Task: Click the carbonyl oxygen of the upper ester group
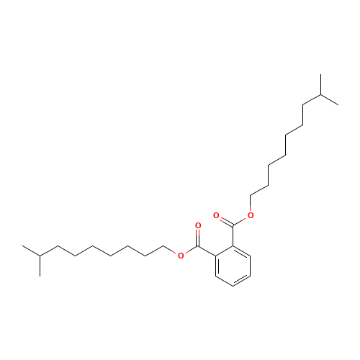tap(216, 215)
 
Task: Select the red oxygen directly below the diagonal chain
tap(251, 215)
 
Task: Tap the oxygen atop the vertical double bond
tap(198, 225)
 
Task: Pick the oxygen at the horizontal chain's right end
tap(181, 254)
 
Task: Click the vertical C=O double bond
tap(198, 235)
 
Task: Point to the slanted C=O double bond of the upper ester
tap(224, 220)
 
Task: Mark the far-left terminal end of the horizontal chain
tap(24, 247)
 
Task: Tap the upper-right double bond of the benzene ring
tap(241, 251)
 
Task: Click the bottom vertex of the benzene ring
tap(233, 287)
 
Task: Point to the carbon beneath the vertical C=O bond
tap(198, 246)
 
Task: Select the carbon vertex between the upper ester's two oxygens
tap(233, 225)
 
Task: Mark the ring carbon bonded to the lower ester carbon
tap(215, 256)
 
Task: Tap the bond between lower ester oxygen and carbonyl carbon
tap(189, 250)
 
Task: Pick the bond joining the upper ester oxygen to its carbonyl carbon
tap(242, 220)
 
